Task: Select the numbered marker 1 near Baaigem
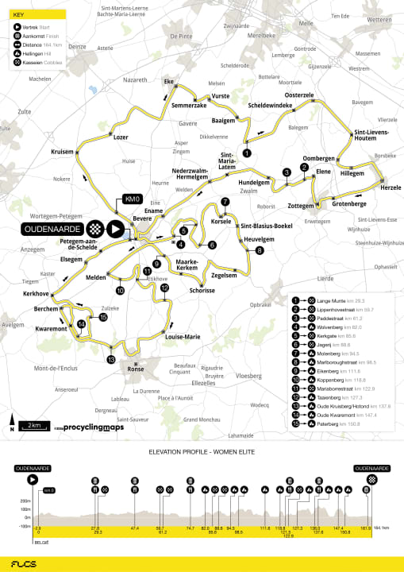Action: pos(247,153)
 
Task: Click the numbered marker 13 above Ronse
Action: pos(111,360)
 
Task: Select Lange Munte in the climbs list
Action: pos(326,301)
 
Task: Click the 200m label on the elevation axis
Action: pos(26,501)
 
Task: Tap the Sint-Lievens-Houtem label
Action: pos(370,136)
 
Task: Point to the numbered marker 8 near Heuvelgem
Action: pos(260,251)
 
